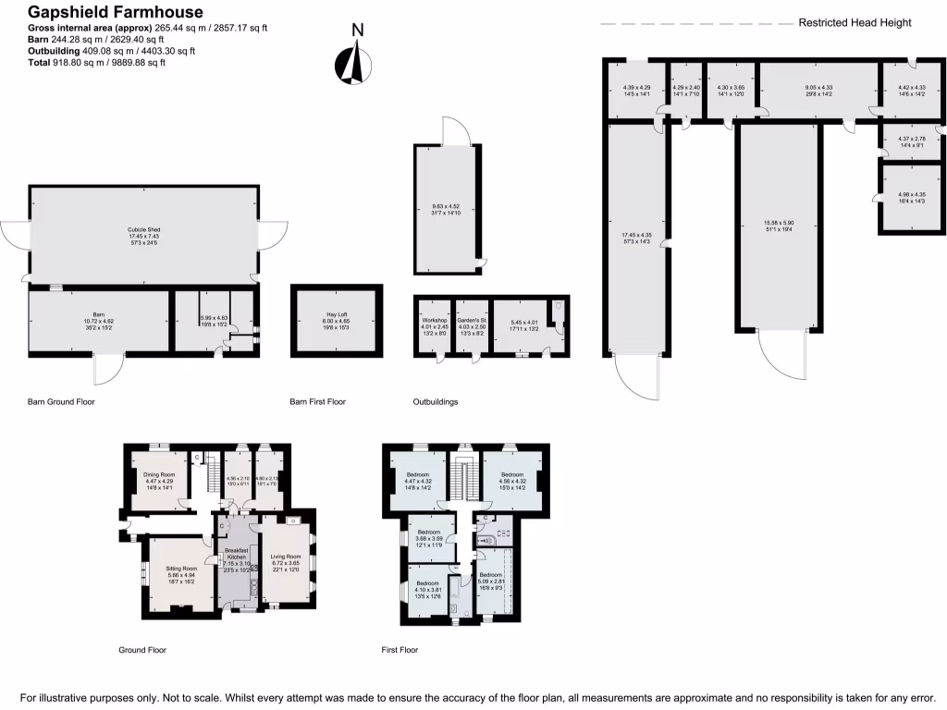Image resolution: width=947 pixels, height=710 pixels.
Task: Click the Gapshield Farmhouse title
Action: point(105,12)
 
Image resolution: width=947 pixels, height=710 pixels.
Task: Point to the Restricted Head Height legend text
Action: point(855,22)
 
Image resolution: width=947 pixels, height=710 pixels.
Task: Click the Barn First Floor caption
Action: point(317,402)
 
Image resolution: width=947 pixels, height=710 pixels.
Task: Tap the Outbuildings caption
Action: point(437,402)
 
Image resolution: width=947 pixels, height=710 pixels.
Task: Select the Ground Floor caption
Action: point(141,650)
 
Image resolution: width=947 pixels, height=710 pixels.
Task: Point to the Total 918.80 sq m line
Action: point(96,63)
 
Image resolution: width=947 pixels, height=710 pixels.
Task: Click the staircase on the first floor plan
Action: point(466,479)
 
